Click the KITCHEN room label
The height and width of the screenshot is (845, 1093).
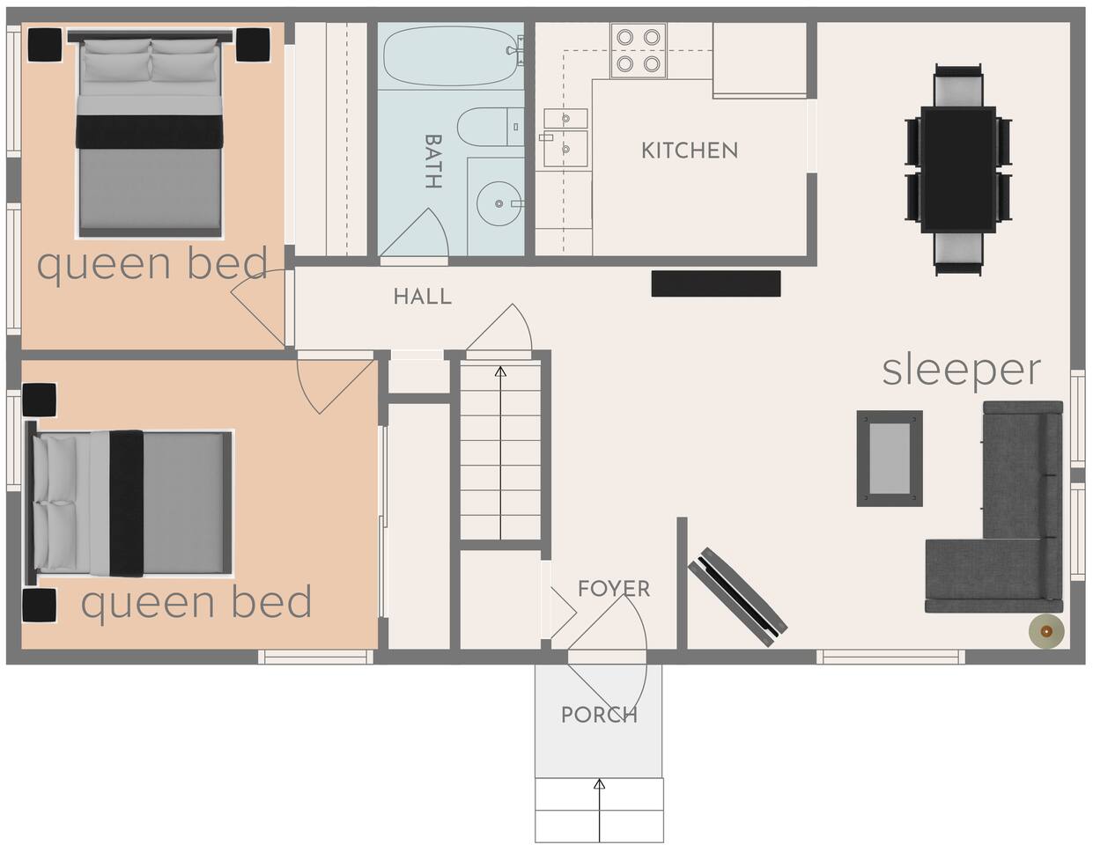690,151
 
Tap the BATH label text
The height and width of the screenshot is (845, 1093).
433,161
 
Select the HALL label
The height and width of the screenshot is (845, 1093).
423,297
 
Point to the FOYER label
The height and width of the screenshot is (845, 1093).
614,589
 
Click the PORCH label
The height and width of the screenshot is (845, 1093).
599,715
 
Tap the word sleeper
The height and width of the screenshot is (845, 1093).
961,371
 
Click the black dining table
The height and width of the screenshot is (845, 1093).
958,169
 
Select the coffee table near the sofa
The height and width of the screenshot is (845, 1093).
890,458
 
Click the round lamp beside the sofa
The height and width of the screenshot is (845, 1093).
1046,631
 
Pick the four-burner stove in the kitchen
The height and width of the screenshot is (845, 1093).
639,50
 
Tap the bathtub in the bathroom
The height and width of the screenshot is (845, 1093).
451,55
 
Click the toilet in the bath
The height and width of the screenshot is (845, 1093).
491,127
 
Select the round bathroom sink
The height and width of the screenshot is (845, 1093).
499,203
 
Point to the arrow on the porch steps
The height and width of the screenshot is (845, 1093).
599,810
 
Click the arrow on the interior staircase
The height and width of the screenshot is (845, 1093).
500,452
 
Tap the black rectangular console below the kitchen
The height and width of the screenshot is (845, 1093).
716,283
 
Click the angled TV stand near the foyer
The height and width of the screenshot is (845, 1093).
737,597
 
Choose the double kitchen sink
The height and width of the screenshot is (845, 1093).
565,137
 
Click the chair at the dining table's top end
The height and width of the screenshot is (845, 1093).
958,85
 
